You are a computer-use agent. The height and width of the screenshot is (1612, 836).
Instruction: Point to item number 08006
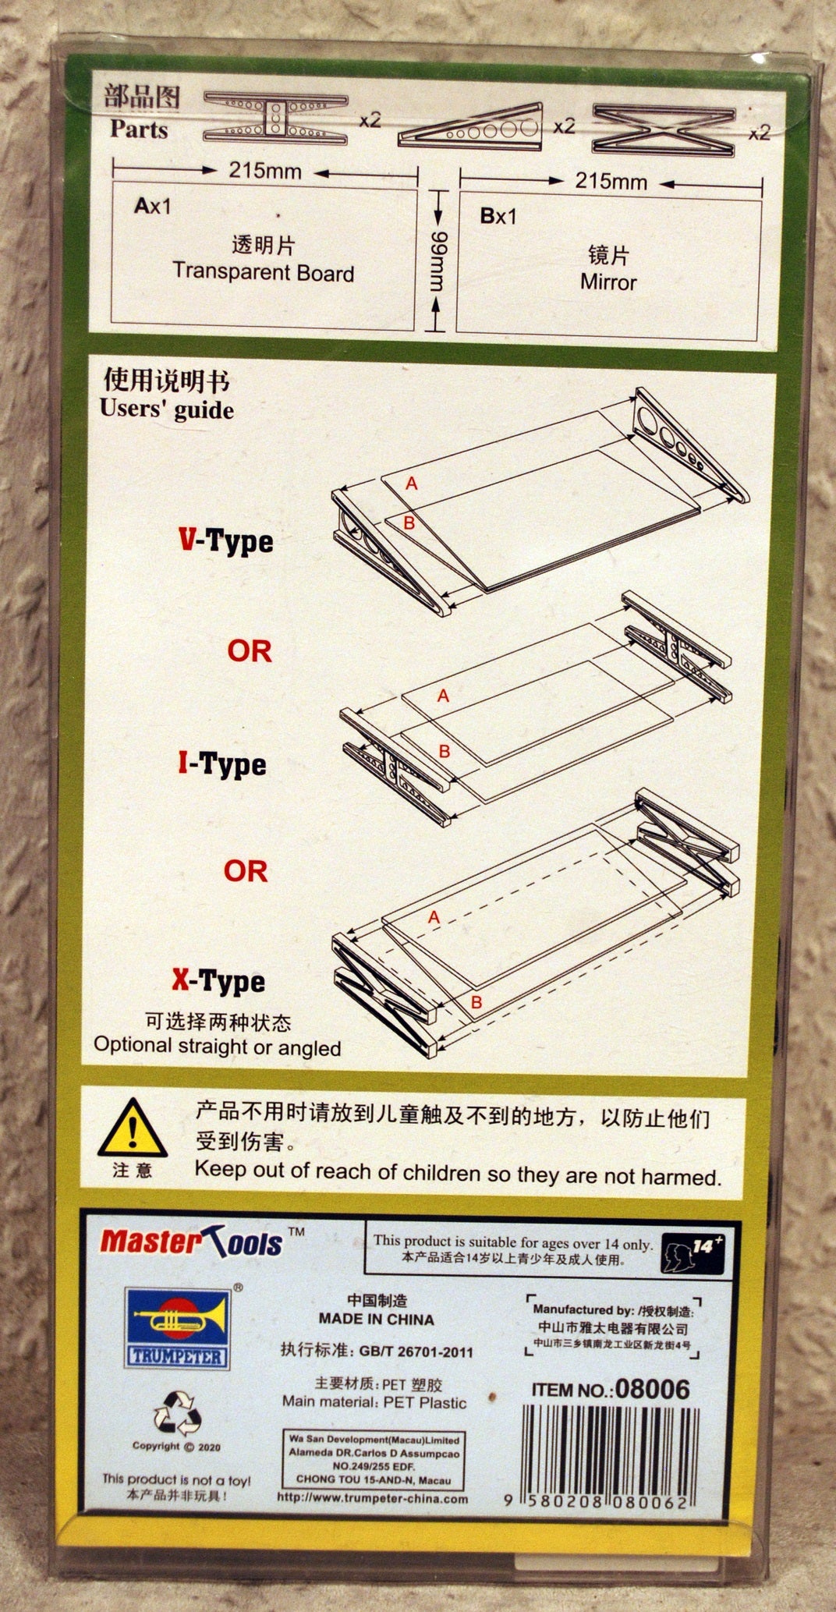coord(652,1388)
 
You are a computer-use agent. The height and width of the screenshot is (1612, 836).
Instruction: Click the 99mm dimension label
coord(438,262)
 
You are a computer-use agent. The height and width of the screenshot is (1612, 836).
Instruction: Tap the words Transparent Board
coord(264,272)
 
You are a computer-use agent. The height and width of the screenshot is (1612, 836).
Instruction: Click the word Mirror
coord(608,282)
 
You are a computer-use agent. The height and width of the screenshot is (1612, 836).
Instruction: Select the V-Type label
coord(226,540)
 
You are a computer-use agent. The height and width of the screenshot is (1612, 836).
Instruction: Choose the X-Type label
coord(218,980)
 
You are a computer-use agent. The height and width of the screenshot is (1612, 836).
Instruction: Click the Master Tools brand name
coord(192,1240)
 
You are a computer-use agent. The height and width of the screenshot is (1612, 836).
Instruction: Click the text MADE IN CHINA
coord(376,1320)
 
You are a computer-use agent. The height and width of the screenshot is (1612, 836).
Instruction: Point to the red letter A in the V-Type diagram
coord(412,484)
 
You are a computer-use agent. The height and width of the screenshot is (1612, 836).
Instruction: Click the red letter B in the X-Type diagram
coord(476,1002)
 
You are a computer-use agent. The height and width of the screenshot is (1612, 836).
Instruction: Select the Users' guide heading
coord(167,409)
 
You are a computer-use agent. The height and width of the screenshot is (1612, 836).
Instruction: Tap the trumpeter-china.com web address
coord(373,1498)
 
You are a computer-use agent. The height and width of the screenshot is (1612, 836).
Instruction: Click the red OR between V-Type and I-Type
coord(250,650)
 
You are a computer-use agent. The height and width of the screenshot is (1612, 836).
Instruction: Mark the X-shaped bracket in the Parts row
coord(663,129)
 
